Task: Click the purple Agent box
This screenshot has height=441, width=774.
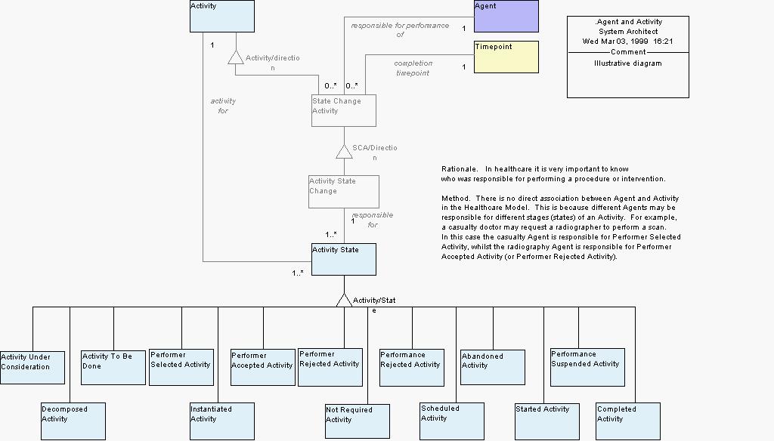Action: tap(506, 16)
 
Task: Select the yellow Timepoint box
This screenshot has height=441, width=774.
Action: tap(506, 57)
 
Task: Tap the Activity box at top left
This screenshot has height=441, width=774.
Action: tap(221, 16)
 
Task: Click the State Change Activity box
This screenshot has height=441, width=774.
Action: tap(343, 110)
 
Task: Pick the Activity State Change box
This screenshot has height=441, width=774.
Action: tap(343, 192)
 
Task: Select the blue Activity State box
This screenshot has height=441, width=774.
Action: tap(343, 259)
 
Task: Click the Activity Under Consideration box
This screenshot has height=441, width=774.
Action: tap(32, 368)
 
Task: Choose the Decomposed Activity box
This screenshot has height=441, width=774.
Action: tap(73, 421)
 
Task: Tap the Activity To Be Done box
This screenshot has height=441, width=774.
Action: tap(113, 367)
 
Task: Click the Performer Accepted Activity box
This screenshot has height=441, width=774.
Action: tap(262, 367)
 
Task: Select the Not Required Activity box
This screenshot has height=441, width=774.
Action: tap(357, 421)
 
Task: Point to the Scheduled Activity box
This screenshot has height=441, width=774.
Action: tap(452, 421)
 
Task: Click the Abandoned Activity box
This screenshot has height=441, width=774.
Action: tap(493, 366)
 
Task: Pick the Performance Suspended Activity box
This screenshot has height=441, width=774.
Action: tap(587, 366)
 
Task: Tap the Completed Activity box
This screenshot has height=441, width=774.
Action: tap(627, 421)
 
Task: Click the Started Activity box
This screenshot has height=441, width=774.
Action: tap(546, 421)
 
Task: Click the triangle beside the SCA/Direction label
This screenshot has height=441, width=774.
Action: tap(344, 151)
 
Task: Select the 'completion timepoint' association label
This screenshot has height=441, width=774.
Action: tap(413, 68)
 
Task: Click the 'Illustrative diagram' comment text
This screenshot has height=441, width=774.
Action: tap(627, 63)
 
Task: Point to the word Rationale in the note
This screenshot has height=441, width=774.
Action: tap(459, 168)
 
